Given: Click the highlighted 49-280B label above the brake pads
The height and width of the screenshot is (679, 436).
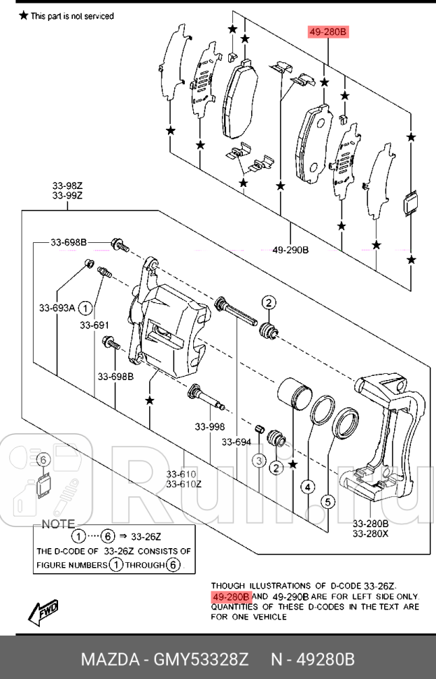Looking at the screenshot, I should point(328,32).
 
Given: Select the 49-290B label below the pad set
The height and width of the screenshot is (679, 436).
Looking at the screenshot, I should point(290,250).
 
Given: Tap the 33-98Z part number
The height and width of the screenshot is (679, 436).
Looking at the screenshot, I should point(67,185).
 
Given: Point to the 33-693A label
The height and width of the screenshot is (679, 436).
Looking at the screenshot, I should point(57,307).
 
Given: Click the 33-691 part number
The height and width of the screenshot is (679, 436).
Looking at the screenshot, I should point(94,325).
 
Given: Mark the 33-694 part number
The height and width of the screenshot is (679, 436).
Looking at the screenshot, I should point(237,442).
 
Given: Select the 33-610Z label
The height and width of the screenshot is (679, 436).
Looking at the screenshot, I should point(183,484).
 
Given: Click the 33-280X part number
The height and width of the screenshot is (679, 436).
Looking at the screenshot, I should point(370,533).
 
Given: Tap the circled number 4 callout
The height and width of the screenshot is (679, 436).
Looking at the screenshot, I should point(309,487).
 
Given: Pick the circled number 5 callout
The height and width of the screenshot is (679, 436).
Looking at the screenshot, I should point(326,500).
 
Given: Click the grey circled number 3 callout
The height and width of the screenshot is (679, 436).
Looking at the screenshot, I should point(259,461).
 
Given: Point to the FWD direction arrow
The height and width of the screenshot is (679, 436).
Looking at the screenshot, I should point(43,612).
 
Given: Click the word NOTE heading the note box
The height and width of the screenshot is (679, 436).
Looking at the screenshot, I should point(59,524).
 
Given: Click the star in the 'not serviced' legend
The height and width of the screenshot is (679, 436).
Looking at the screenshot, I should point(24,15).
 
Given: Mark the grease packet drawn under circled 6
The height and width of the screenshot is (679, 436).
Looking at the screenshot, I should point(43,484).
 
